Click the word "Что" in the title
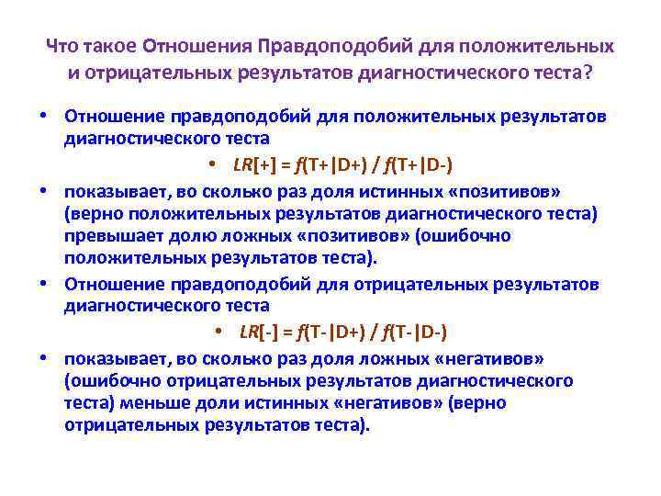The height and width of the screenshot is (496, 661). point(62,46)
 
